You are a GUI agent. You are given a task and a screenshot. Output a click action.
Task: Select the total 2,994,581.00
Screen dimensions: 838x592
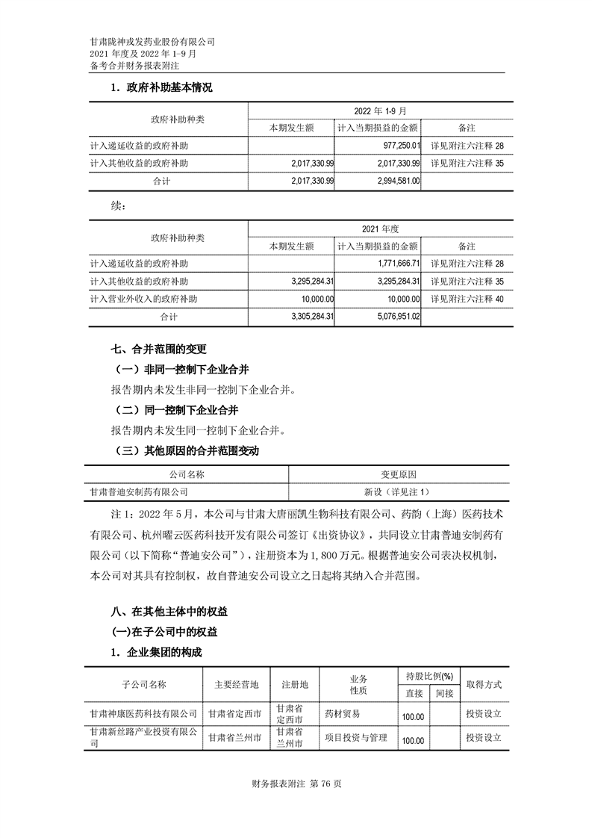400,180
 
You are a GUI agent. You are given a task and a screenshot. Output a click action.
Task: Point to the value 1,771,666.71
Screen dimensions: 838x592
401,264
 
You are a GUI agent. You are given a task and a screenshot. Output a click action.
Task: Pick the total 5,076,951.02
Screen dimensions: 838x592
401,317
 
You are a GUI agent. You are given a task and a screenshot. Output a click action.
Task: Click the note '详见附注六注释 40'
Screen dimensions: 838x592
468,299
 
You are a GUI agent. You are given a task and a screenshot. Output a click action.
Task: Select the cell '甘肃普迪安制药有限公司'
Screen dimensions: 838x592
139,492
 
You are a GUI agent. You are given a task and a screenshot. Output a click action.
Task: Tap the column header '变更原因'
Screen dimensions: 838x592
397,474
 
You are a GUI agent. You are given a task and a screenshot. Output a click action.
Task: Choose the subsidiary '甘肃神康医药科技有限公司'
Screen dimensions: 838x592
143,714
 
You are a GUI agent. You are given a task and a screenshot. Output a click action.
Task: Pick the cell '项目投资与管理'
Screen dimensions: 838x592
356,738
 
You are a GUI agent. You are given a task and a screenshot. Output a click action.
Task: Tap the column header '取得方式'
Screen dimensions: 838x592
483,684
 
